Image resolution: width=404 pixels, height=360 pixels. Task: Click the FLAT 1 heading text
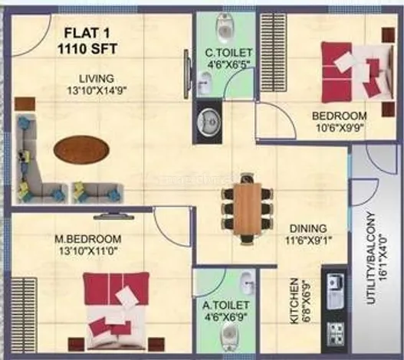tap(87, 33)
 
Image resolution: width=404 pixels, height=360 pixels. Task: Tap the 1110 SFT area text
tap(87, 49)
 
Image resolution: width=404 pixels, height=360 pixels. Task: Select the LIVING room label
tap(97, 79)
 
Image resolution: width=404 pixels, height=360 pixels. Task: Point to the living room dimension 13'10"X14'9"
tap(97, 90)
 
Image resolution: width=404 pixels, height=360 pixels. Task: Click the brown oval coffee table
tap(81, 149)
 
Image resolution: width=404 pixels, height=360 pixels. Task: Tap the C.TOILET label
tap(228, 53)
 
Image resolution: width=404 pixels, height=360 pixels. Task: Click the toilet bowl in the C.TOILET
tap(226, 28)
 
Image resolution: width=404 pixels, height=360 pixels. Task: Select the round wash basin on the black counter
tap(209, 120)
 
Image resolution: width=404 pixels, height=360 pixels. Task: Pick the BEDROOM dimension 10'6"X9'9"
tap(339, 128)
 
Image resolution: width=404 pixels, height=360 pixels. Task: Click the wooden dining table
tap(247, 208)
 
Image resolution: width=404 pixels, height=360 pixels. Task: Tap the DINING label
tap(308, 228)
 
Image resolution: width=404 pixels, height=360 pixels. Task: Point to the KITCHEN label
tap(294, 301)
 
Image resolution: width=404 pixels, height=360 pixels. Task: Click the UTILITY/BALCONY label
tap(371, 258)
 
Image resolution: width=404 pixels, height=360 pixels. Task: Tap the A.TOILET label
tap(225, 306)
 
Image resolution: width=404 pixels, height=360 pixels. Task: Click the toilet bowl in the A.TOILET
tap(228, 333)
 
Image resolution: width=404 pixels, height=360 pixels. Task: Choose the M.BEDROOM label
tap(88, 239)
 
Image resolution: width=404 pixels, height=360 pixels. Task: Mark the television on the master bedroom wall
tap(114, 216)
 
